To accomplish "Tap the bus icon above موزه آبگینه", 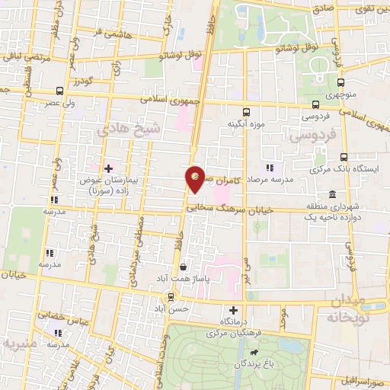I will [246, 111].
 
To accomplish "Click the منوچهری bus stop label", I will [343, 97].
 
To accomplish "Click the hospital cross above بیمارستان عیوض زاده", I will [108, 168].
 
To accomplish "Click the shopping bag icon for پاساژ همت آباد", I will [183, 267].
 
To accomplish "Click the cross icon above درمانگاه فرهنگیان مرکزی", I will [234, 310].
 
